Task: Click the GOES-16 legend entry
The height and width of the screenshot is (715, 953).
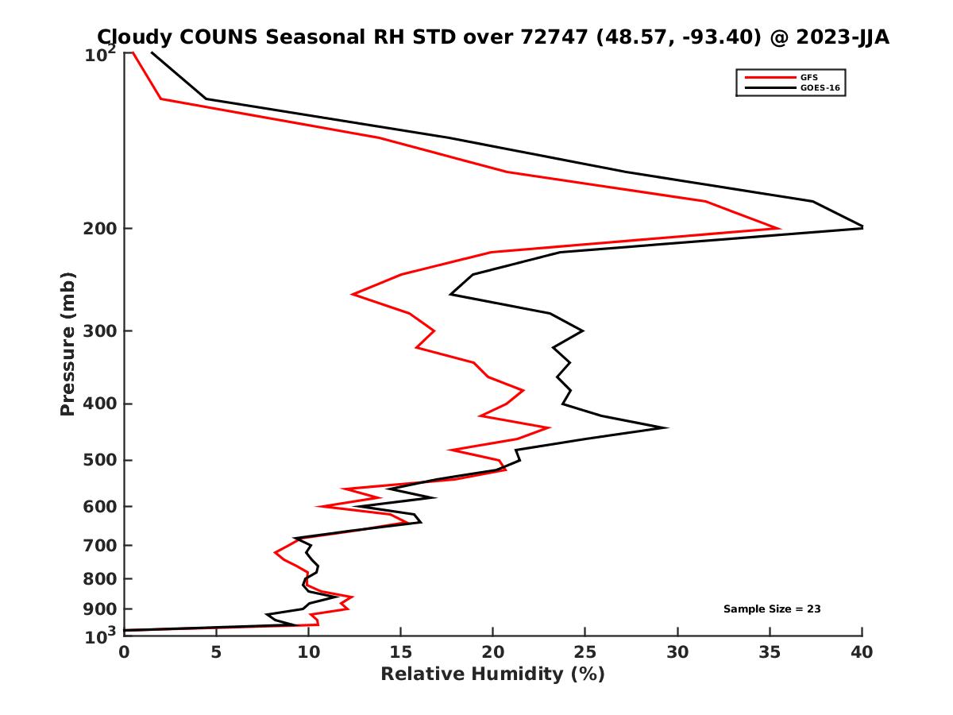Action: [818, 88]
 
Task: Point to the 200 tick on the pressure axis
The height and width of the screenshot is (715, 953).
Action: [101, 229]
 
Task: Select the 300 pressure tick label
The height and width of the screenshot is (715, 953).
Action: [101, 330]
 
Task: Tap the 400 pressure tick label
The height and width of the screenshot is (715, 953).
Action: [101, 404]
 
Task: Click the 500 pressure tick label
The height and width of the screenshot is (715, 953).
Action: [101, 460]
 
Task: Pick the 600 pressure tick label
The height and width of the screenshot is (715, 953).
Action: [101, 506]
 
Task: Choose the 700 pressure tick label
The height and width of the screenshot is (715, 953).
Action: [101, 545]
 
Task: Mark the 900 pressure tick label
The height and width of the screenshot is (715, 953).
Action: [101, 609]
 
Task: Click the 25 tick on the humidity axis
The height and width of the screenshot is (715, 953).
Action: [585, 653]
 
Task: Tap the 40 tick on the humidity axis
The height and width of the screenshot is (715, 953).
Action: [862, 653]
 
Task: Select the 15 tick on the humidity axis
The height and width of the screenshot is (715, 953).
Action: [401, 653]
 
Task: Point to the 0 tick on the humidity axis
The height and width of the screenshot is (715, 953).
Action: [125, 653]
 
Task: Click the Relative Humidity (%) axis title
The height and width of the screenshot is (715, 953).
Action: [492, 674]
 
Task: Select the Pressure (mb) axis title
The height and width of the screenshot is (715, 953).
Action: [68, 343]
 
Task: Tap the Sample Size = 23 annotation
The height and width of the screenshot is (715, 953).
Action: [772, 609]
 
